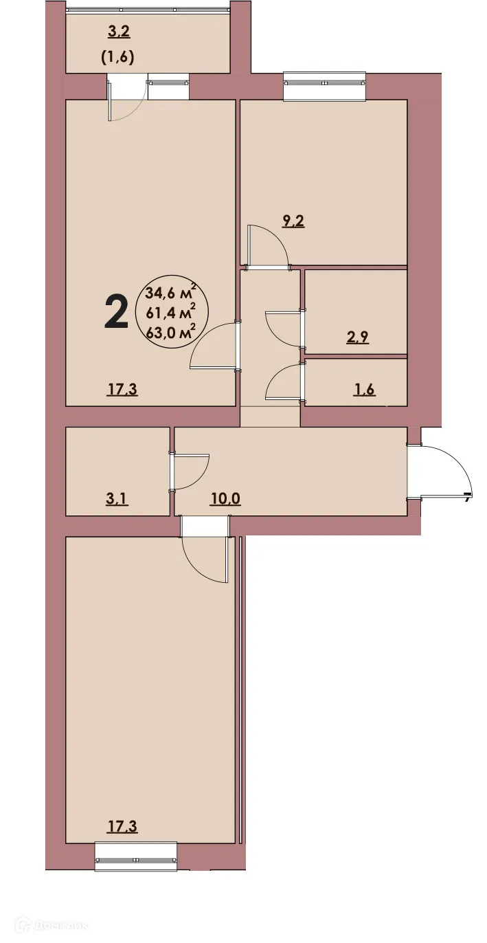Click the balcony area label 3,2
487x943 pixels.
coord(120,30)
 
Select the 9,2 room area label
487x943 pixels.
coord(293,221)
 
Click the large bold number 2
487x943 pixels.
coord(116,312)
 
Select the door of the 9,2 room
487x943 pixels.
coord(268,245)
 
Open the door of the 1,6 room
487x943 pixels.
coord(283,382)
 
